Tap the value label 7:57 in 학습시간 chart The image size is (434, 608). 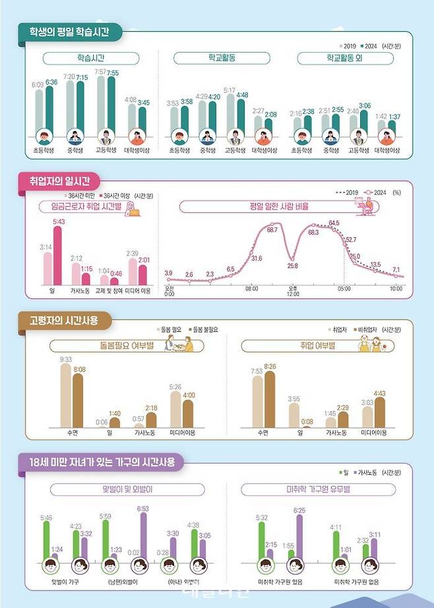point(101,71)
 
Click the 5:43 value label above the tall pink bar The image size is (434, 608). point(58,221)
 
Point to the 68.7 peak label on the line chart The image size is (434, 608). point(271,230)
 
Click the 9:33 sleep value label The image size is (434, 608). point(65,360)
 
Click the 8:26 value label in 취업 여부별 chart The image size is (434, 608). point(270,367)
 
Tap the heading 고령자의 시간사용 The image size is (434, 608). point(64,321)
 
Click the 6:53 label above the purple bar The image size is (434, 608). point(142,508)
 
